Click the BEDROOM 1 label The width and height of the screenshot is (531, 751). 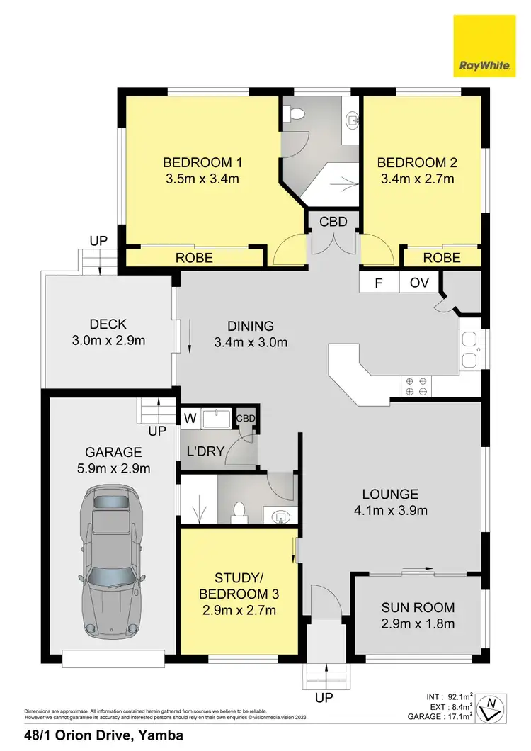tap(201, 161)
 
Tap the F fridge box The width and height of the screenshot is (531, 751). tap(379, 283)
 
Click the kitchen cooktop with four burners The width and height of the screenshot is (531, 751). tap(416, 386)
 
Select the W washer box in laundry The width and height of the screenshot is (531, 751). tap(189, 418)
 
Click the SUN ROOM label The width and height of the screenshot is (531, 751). tap(418, 607)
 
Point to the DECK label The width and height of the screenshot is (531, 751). tap(108, 324)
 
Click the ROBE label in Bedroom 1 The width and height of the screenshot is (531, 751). tap(193, 258)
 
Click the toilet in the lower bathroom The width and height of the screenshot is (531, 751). tap(239, 510)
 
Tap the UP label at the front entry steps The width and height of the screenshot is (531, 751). tap(324, 699)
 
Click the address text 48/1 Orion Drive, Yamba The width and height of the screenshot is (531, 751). tap(103, 735)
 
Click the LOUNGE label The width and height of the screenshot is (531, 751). tap(390, 494)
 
